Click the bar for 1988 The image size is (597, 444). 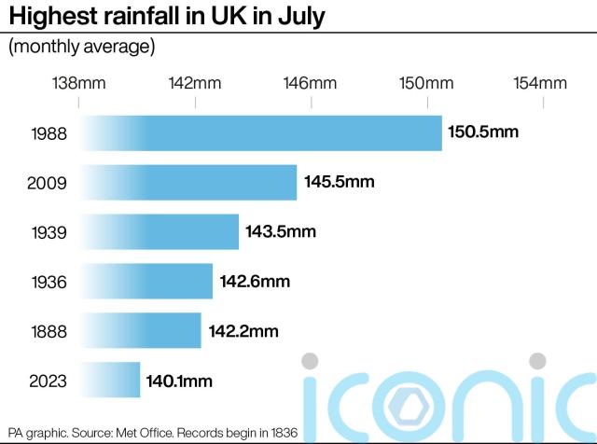point(261,133)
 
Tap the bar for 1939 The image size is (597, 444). point(160,231)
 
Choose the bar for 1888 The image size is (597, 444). point(141,330)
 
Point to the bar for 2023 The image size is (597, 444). point(110,380)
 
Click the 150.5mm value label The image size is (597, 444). point(483,132)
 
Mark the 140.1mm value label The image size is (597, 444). point(179,381)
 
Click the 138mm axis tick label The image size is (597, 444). point(78,84)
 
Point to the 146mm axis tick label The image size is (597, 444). point(311,84)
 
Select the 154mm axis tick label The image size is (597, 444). point(542,84)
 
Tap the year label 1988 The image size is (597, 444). point(49,133)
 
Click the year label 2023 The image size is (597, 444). point(49,381)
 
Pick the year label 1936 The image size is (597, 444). point(49,282)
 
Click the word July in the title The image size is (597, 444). point(301,16)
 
